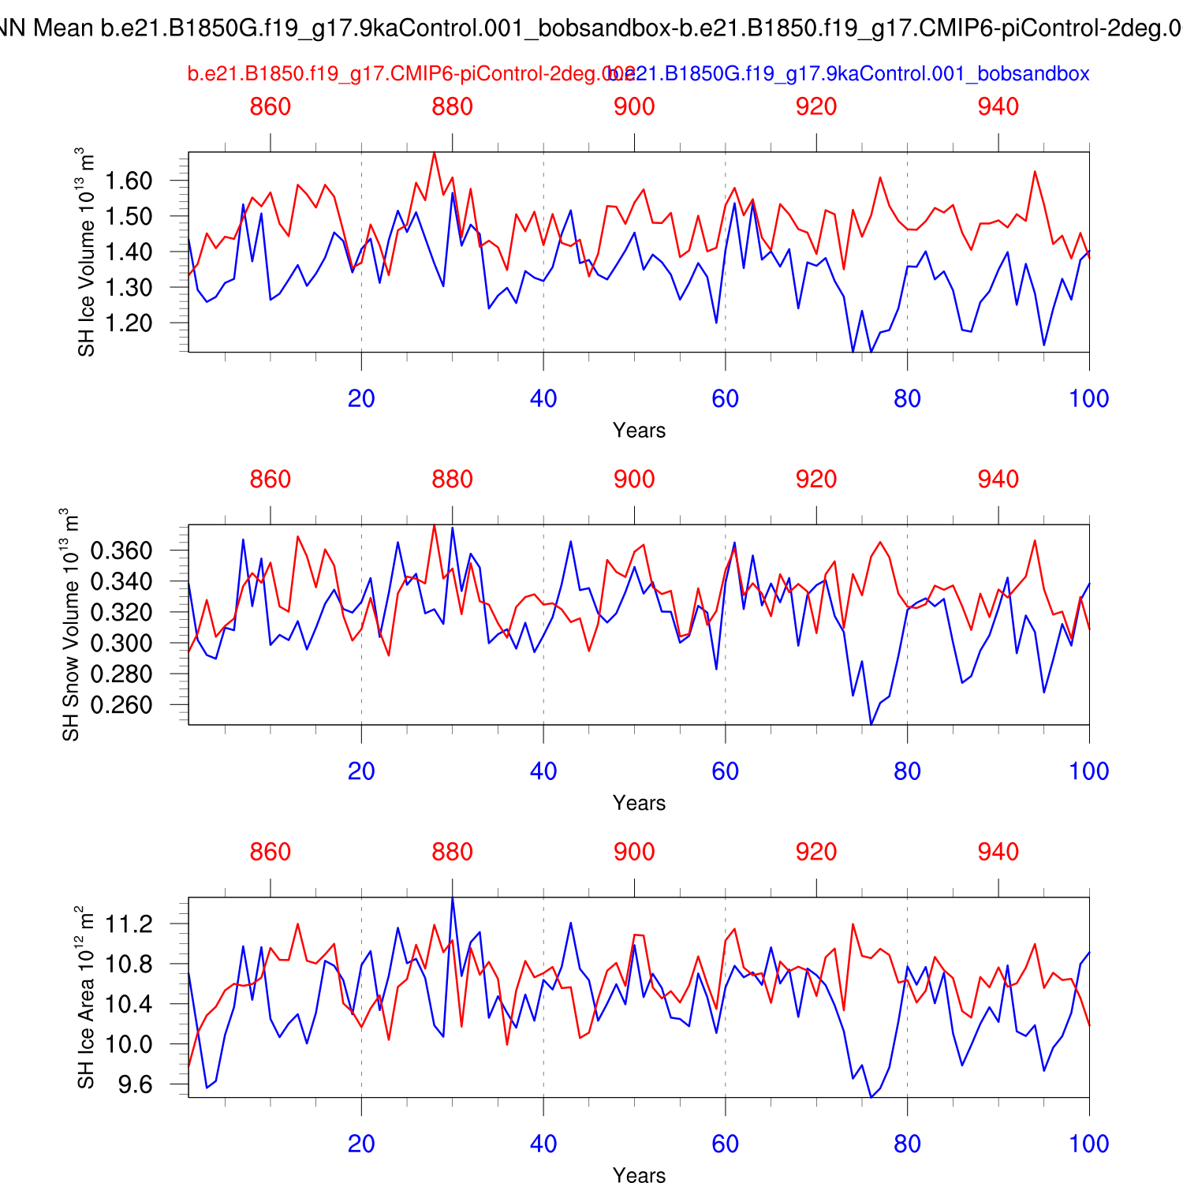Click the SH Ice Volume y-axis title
coord(86,252)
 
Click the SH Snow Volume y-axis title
coord(70,625)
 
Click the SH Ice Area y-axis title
coord(86,997)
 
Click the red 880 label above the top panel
coord(452,106)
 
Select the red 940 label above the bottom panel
coord(998,852)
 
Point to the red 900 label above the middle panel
coord(634,479)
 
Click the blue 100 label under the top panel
coord(1088,398)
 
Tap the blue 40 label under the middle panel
coord(543,771)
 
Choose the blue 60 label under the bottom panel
coord(725,1144)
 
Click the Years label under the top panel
coord(639,431)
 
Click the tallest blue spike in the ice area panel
coord(452,898)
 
